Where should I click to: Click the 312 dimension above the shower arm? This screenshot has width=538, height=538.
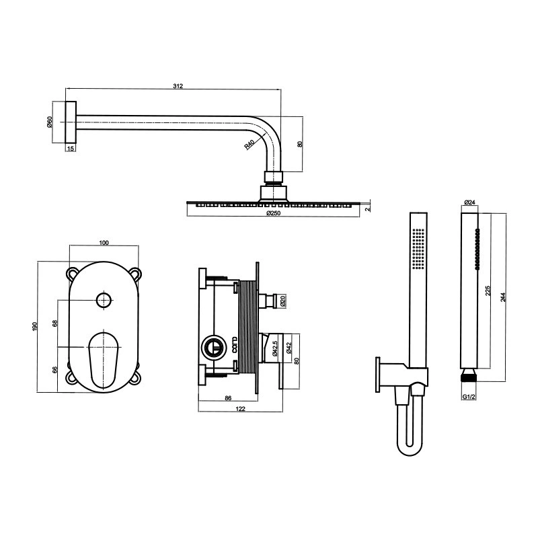click(178, 86)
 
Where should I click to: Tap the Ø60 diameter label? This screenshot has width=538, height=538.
click(49, 122)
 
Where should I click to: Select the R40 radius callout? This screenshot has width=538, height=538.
click(249, 144)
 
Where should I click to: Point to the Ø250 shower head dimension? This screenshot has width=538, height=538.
click(274, 213)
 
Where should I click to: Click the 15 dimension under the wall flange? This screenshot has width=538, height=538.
click(71, 148)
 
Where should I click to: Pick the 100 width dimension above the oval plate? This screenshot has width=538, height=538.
click(104, 243)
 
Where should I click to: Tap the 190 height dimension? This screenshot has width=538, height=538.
click(34, 326)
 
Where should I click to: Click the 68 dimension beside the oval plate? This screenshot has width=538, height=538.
click(55, 323)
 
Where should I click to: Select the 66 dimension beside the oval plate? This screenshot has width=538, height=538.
click(55, 369)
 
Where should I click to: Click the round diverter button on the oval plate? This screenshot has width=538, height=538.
click(104, 301)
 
